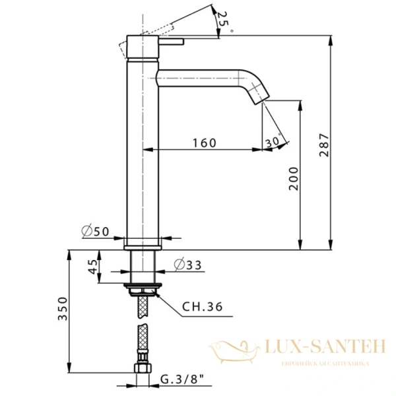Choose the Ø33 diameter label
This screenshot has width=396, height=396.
(x=187, y=265)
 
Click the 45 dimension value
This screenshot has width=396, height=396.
(x=93, y=266)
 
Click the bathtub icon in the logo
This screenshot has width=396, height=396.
(x=235, y=348)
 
